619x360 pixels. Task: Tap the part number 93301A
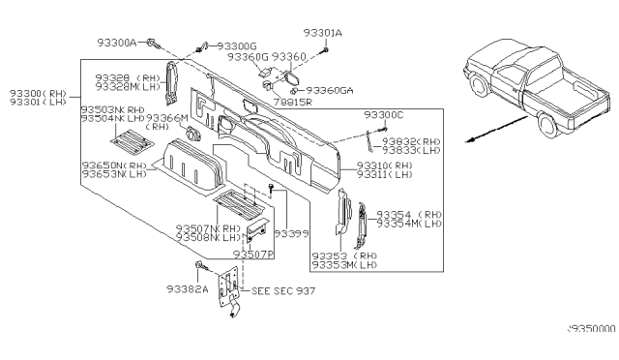[323, 33]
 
